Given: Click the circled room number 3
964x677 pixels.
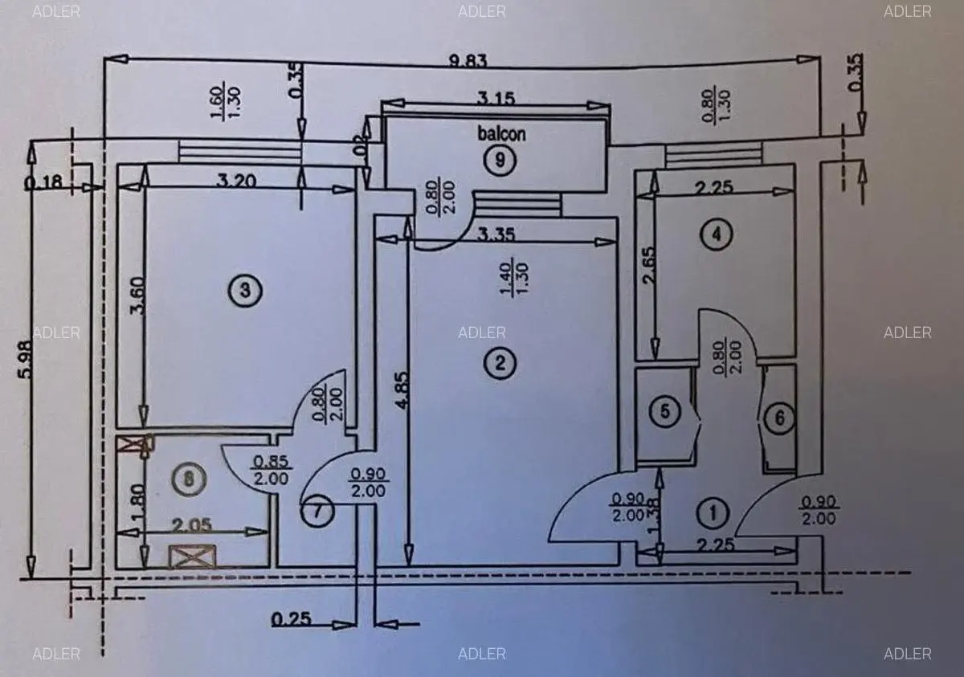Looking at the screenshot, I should [245, 290].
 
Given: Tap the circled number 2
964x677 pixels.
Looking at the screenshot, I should [500, 364].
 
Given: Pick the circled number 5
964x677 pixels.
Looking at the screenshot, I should [664, 412].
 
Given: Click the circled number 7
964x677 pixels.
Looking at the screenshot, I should [319, 512].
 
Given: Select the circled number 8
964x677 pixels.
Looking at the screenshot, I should [188, 479].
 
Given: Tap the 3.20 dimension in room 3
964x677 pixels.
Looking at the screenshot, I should [237, 181].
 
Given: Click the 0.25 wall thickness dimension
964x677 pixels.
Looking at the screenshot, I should [292, 620].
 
